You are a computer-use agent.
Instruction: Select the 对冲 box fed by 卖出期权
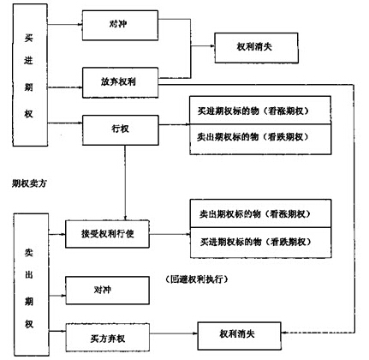click(x=101, y=290)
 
